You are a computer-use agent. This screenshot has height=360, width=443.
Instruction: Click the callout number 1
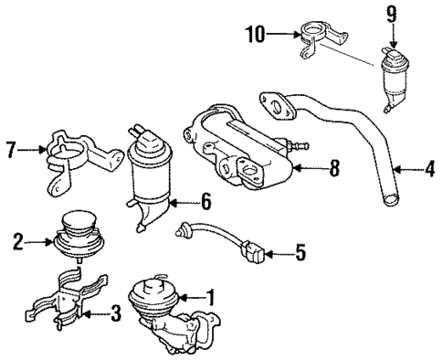pyautogui.click(x=211, y=298)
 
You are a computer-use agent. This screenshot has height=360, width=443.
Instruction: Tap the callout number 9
pyautogui.click(x=393, y=16)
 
